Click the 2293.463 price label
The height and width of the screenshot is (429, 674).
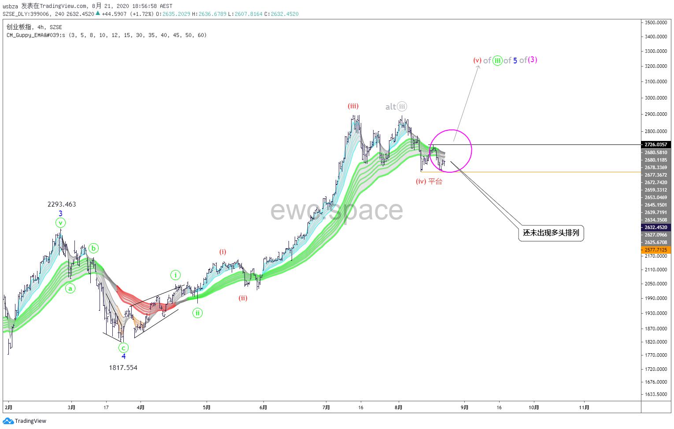[x=62, y=204]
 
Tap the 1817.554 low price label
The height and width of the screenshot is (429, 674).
[x=123, y=368]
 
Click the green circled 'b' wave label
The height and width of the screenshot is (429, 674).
[x=93, y=248]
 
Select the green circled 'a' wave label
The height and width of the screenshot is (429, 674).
[x=70, y=288]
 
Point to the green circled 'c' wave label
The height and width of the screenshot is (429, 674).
[x=123, y=348]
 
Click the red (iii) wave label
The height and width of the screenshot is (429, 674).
[x=353, y=106]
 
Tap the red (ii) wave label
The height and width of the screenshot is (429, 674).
[x=243, y=298]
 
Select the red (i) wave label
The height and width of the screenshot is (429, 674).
[x=222, y=252]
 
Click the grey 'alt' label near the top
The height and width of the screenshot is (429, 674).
[x=390, y=107]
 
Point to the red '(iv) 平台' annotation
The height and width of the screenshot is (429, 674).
[x=429, y=181]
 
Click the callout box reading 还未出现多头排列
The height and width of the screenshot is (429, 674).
[x=551, y=233]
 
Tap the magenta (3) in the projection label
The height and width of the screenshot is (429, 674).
[x=533, y=60]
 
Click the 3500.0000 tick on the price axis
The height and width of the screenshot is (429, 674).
[x=655, y=22]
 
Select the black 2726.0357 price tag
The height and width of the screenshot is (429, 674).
[x=655, y=144]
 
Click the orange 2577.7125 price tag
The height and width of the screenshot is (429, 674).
[x=655, y=250]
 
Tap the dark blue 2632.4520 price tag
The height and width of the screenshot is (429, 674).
[x=655, y=227]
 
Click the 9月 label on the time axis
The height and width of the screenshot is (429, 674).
[x=464, y=407]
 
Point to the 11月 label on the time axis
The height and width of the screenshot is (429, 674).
[x=584, y=407]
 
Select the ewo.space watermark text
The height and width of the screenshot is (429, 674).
[x=337, y=210]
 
